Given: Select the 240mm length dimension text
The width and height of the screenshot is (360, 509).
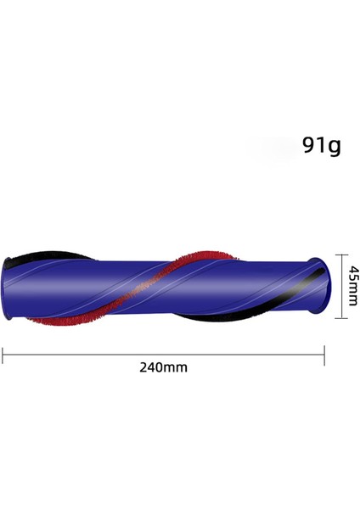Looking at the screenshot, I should pos(163,367).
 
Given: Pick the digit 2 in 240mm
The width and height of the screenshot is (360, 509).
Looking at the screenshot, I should pos(143,367).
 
